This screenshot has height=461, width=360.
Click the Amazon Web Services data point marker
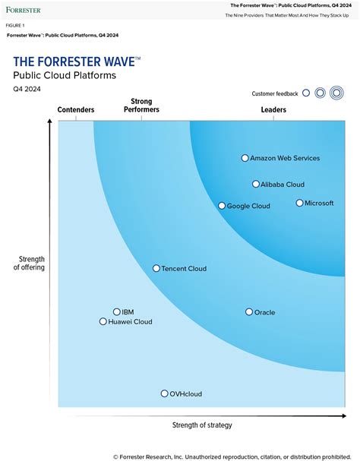pos(245,158)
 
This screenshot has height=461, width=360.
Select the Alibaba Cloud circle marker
pos(256,184)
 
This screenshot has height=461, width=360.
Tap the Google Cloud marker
pos(222,206)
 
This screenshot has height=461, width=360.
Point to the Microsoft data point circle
pos(299,203)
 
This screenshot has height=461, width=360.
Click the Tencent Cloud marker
pos(156,268)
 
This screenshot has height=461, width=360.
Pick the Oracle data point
pos(249,312)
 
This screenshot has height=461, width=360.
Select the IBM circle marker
pos(117,311)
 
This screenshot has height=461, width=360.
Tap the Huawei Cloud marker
pos(103,321)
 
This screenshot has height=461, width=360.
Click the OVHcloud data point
pos(164,393)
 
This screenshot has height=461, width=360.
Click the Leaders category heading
pos(273,110)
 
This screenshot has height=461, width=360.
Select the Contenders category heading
pos(76,110)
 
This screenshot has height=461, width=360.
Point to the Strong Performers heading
pos(141,106)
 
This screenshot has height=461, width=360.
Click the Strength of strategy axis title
pos(202,425)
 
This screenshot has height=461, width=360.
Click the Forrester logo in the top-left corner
pos(24,11)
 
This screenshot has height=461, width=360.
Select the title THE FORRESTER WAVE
pos(76,62)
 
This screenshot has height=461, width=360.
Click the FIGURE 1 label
pos(15,25)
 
